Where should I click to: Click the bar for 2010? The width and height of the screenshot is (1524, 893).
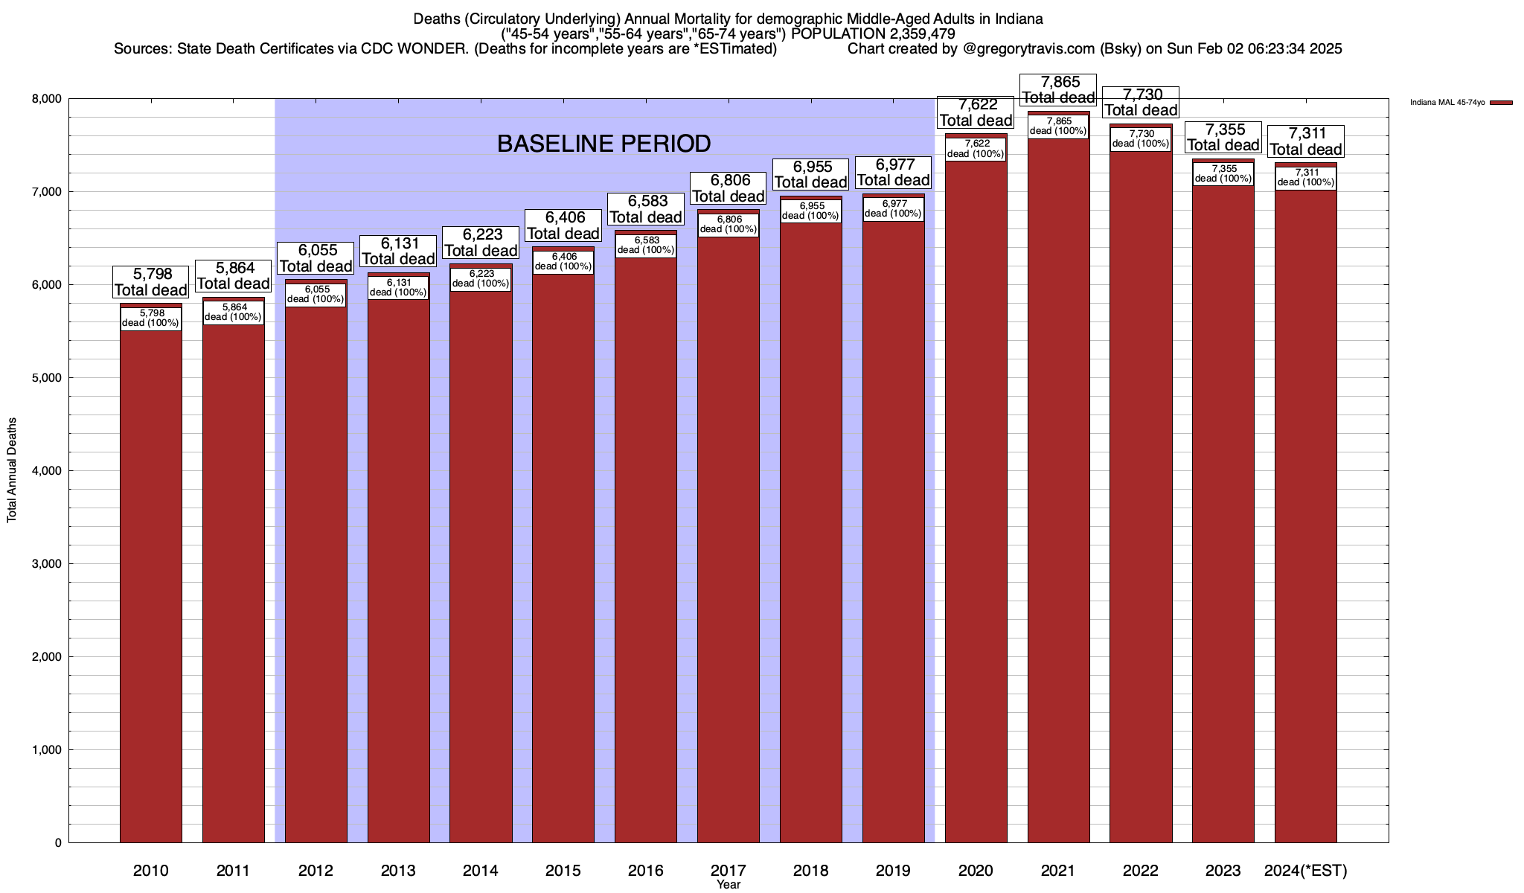151,580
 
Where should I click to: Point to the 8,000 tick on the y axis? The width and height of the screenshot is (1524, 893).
46,99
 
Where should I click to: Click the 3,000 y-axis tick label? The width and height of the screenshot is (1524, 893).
46,564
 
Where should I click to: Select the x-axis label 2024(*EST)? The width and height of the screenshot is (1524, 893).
1306,871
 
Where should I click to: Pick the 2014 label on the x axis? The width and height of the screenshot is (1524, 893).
481,871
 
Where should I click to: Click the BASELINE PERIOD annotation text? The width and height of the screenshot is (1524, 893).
603,144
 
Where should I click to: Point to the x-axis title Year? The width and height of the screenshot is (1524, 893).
729,885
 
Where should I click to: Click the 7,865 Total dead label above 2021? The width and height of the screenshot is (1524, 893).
1058,89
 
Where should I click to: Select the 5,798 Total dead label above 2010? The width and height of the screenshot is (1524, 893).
151,282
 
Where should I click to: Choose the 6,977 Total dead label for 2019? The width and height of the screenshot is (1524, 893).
893,172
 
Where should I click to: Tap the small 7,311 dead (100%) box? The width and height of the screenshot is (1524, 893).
1306,177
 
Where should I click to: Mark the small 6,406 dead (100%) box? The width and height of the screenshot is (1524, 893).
563,261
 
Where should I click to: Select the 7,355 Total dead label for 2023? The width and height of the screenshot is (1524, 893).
1223,137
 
